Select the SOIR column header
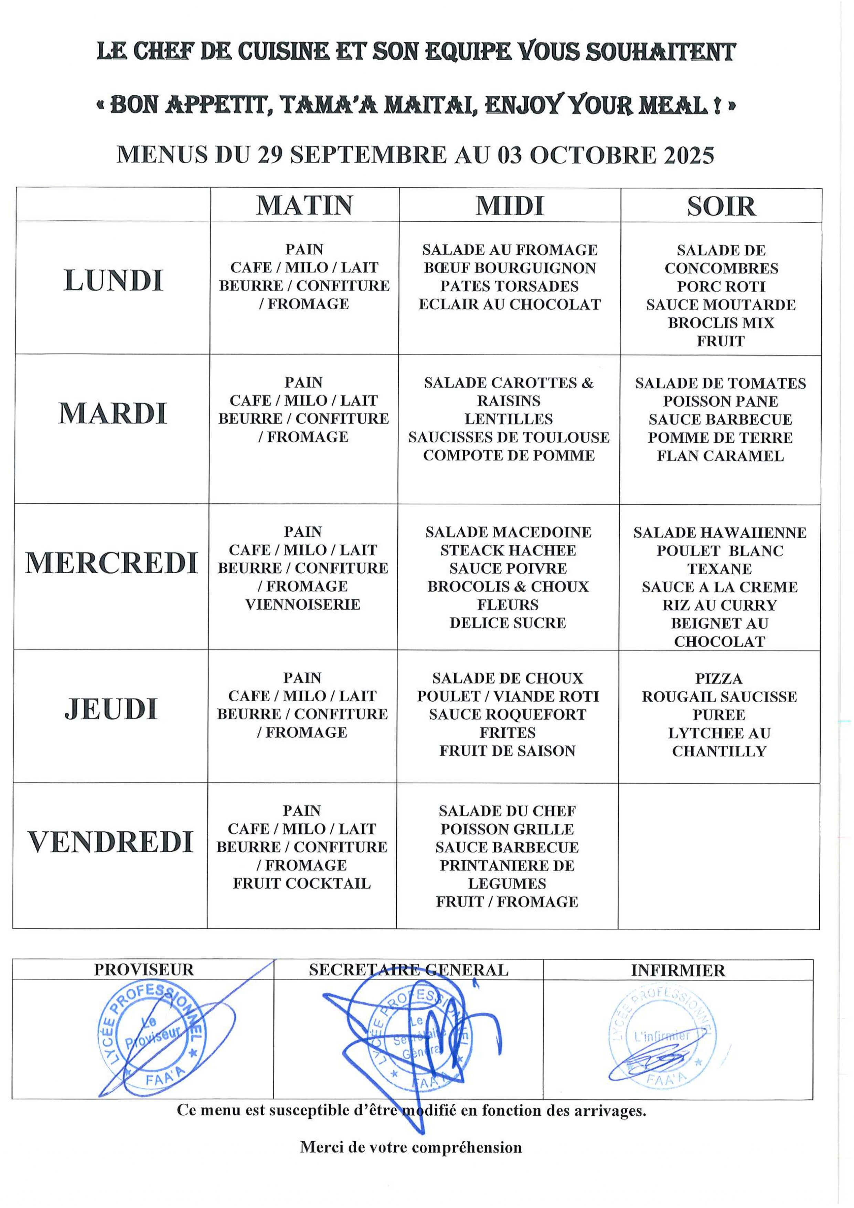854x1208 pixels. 721,206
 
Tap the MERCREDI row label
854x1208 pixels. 111,563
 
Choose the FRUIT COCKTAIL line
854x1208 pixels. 302,883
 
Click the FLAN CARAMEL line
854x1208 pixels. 720,456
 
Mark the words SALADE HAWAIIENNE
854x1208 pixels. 719,533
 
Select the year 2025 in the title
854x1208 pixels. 689,155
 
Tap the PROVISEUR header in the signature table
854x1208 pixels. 143,970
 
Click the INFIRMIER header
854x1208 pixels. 678,970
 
